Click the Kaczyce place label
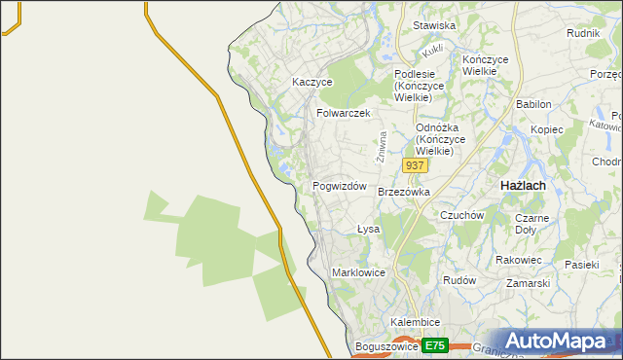(312, 83)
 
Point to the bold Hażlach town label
(522, 185)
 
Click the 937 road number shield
(415, 166)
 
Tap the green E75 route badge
(434, 345)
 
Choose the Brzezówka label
(403, 193)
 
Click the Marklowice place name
(361, 272)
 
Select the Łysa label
(367, 230)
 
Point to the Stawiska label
(434, 25)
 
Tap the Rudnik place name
(582, 32)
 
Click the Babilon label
(533, 104)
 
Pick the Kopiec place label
(547, 129)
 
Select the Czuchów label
(461, 215)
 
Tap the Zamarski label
(529, 283)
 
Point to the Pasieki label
(582, 264)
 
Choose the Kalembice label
(416, 322)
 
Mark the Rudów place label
(458, 279)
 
